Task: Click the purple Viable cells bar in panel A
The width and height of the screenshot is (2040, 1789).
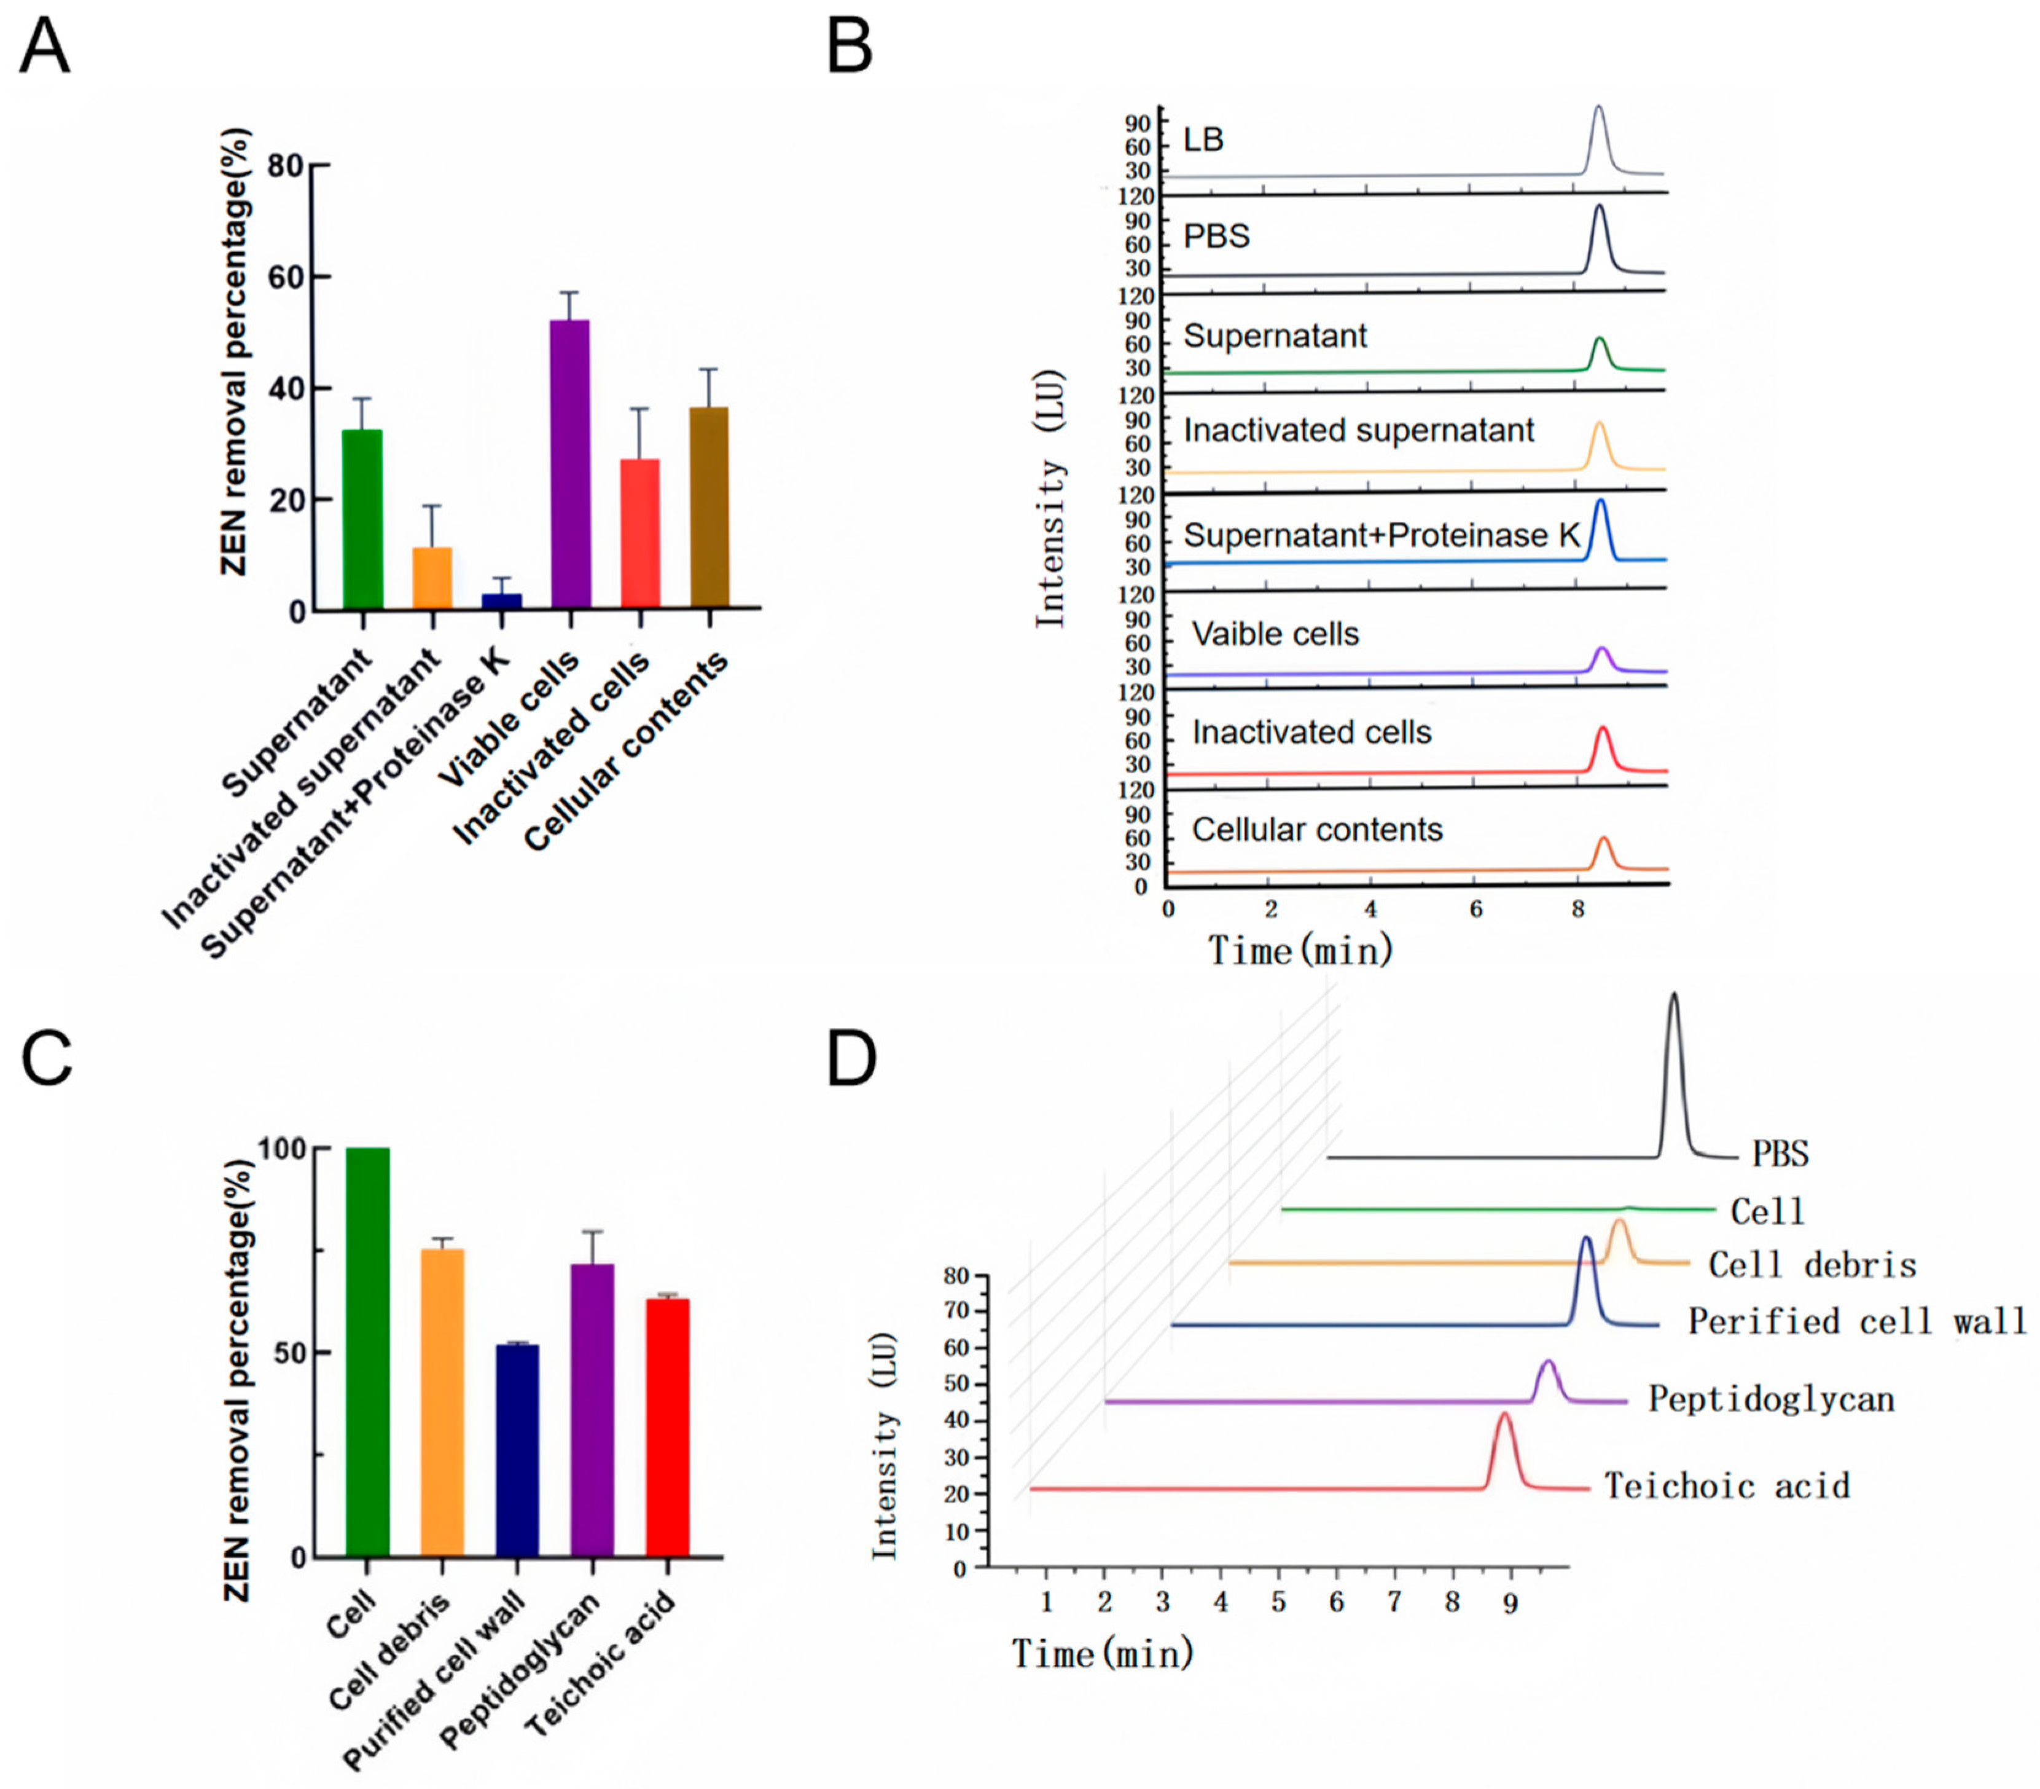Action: tap(570, 464)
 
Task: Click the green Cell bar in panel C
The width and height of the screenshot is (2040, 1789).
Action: tap(367, 1353)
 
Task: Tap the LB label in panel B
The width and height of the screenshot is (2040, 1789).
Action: tap(1203, 140)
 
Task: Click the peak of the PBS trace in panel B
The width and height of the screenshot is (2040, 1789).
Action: tap(1599, 206)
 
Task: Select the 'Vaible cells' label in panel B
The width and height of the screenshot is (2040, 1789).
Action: tap(1275, 634)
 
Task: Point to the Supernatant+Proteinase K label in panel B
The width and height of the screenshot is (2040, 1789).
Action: tap(1381, 535)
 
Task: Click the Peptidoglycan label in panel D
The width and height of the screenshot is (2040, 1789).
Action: tap(1770, 1399)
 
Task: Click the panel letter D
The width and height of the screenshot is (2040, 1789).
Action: tap(851, 1060)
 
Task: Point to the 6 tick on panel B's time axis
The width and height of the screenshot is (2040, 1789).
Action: tap(1475, 910)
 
